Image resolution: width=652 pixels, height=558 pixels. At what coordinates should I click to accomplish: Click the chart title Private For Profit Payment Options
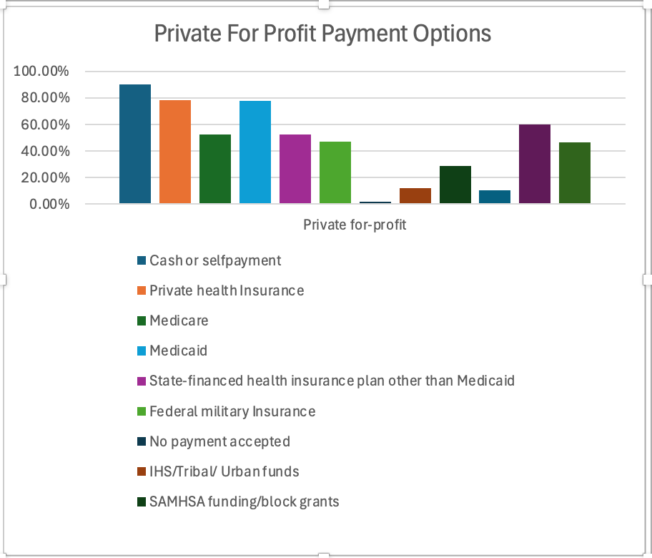point(323,34)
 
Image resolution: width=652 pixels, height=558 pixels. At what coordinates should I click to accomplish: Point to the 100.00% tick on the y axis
point(41,72)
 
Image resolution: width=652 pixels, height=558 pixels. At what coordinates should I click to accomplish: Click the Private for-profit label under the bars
point(355,225)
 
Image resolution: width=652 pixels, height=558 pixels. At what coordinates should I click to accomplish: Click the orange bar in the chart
point(175,152)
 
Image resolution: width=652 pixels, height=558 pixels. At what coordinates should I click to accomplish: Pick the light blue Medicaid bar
point(255,152)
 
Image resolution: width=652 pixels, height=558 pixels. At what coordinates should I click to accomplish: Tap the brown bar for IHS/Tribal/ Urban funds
point(415,196)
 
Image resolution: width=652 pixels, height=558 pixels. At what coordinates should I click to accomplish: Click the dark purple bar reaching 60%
point(535,165)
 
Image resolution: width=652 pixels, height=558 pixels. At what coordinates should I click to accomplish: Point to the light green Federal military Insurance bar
point(335,173)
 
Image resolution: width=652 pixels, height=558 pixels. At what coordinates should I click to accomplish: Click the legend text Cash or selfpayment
point(215,260)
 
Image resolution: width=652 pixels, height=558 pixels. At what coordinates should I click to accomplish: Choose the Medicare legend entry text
point(179,320)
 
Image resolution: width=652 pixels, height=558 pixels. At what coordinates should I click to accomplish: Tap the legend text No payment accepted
point(219,441)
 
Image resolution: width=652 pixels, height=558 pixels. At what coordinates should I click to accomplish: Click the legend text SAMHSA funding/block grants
point(244,501)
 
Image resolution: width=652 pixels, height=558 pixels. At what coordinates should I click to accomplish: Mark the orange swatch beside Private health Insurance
point(142,290)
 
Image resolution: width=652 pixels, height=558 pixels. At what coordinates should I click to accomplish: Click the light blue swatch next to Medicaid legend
point(142,351)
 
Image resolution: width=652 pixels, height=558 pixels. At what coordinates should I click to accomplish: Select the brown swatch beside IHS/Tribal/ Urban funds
point(142,471)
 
